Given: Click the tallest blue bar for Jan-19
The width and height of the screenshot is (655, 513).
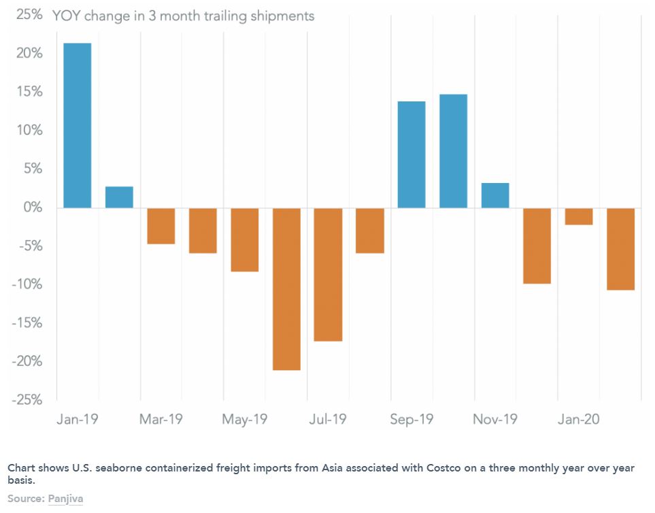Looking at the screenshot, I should point(78,125).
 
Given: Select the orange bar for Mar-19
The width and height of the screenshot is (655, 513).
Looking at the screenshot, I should point(161,226).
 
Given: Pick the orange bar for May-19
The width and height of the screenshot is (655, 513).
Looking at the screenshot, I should point(245,239).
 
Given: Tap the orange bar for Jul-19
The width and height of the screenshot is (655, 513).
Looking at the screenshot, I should point(329,274).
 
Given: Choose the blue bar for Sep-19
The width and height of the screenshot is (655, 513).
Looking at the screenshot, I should point(412,154).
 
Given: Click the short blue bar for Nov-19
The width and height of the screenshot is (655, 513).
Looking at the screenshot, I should point(495,195).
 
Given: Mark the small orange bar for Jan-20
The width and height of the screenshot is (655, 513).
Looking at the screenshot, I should point(579,216).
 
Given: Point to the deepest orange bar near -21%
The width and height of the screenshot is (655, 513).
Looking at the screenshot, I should point(286,289).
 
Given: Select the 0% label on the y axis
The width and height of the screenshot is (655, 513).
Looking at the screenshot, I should point(31,208).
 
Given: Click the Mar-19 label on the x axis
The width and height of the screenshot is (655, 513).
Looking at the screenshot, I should point(161,419).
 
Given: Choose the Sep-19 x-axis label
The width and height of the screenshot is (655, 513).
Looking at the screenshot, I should point(412,419).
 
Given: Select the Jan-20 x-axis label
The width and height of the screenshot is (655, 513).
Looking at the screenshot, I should point(579,419).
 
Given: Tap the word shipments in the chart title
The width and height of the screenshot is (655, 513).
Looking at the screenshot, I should point(281,16).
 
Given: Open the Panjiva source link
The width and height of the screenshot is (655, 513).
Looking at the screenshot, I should point(65,499).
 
